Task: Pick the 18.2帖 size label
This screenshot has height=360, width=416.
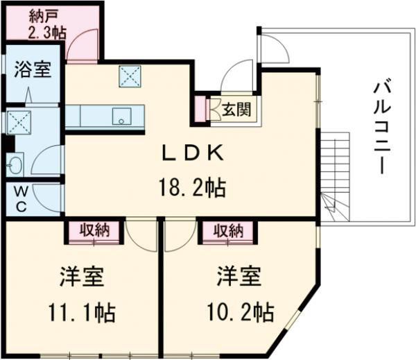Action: (x=192, y=187)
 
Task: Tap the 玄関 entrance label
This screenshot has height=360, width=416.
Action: (x=236, y=109)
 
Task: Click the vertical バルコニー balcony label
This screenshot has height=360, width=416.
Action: (x=380, y=128)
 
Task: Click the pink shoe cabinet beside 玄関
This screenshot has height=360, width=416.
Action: (x=202, y=109)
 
